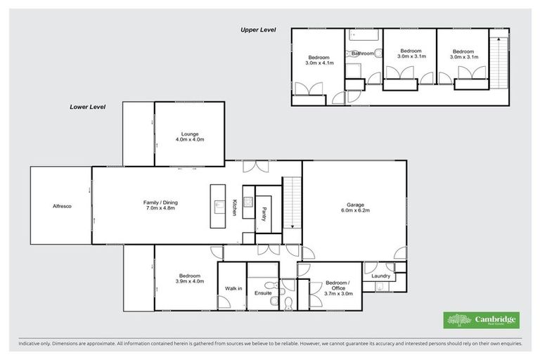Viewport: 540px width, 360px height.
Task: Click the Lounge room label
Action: [189, 134]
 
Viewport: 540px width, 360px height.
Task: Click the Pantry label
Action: [263, 214]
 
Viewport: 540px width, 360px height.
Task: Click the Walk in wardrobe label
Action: [233, 288]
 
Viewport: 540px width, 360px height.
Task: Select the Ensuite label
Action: [263, 292]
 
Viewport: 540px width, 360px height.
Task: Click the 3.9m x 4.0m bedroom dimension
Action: [189, 281]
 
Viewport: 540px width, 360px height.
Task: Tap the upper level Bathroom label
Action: [362, 53]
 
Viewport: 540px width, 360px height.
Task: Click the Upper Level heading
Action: [257, 30]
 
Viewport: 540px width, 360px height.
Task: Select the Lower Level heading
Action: [87, 107]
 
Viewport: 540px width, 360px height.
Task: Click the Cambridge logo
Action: [482, 320]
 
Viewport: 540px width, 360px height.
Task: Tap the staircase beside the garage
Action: [291, 204]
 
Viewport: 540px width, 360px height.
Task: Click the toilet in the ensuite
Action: [288, 302]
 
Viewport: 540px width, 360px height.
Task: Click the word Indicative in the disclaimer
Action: [30, 345]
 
